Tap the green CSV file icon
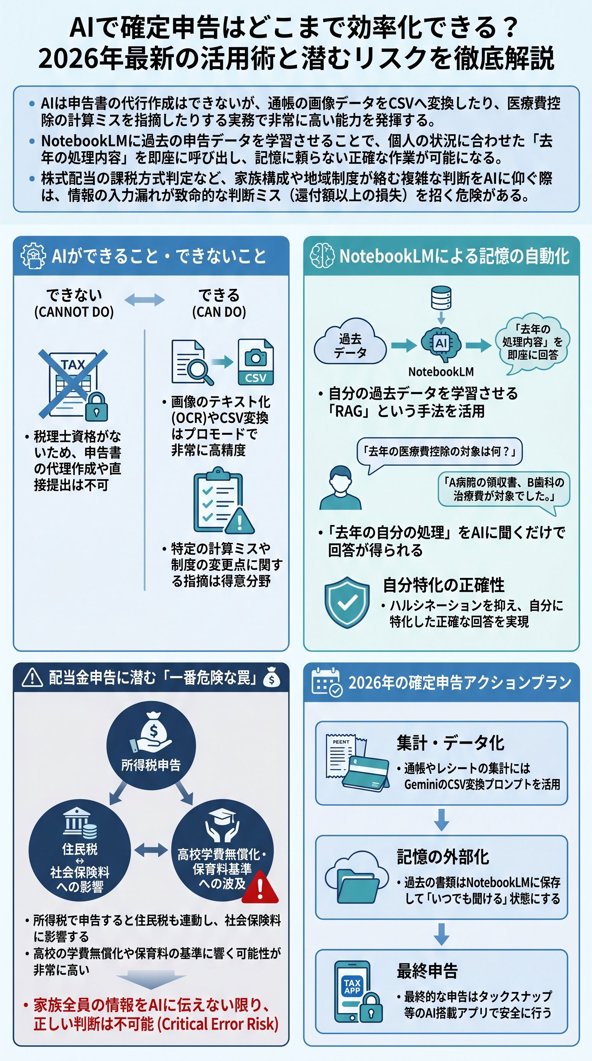pos(256,362)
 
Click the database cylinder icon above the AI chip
pos(441,298)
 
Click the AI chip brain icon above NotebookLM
pos(441,343)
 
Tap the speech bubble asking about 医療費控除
pos(439,452)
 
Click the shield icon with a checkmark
pos(347,602)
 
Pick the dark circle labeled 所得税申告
pos(151,745)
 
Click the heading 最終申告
pos(427,971)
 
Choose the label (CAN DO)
pos(219,312)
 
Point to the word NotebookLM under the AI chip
pos(441,372)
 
